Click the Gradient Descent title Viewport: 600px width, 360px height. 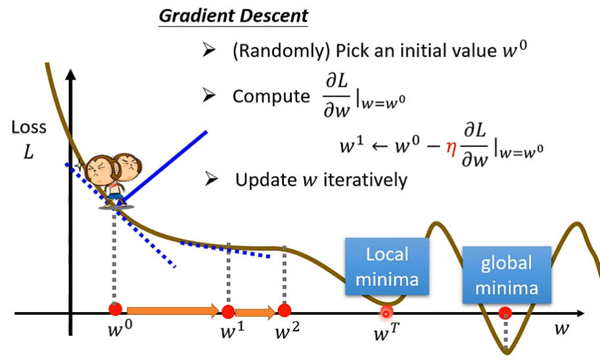click(233, 16)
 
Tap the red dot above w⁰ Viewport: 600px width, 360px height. click(116, 309)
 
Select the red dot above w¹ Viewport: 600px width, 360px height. click(228, 311)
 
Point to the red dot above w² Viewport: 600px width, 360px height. click(284, 309)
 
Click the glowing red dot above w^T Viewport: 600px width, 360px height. click(386, 313)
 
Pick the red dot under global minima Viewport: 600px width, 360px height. click(505, 313)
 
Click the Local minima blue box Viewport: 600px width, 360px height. click(387, 267)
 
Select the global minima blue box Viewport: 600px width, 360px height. click(505, 275)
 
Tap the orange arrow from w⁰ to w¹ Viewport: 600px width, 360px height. click(172, 310)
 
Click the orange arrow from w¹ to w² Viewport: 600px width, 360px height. click(256, 311)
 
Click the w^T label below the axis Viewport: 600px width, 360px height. click(385, 331)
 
